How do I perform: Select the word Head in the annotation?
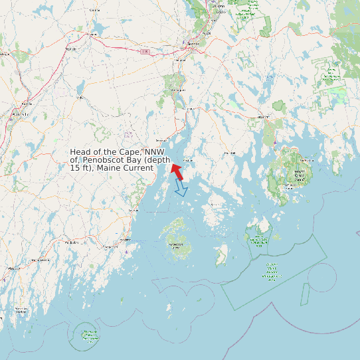81,152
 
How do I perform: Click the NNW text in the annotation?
161,152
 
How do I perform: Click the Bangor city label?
193,43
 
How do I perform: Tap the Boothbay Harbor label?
22,310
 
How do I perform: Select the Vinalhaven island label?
177,245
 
